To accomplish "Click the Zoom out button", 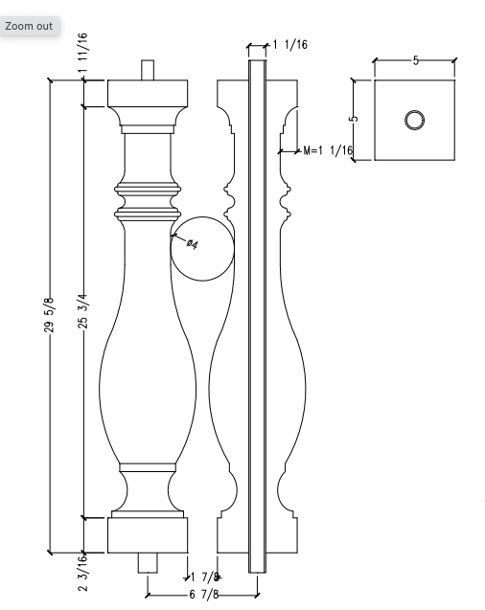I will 29,26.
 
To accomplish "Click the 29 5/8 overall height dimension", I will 49,316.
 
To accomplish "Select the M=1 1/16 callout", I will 328,150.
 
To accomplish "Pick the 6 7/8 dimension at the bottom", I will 203,595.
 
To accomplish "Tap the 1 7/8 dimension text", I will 205,577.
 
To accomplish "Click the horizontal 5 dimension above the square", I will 415,60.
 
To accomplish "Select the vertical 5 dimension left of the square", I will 354,120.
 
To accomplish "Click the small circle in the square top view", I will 414,120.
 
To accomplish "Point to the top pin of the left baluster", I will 147,70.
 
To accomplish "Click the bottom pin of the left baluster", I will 147,562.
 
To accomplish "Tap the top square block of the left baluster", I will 147,93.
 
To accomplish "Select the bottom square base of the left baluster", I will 147,535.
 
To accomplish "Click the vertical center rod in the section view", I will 257,316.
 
